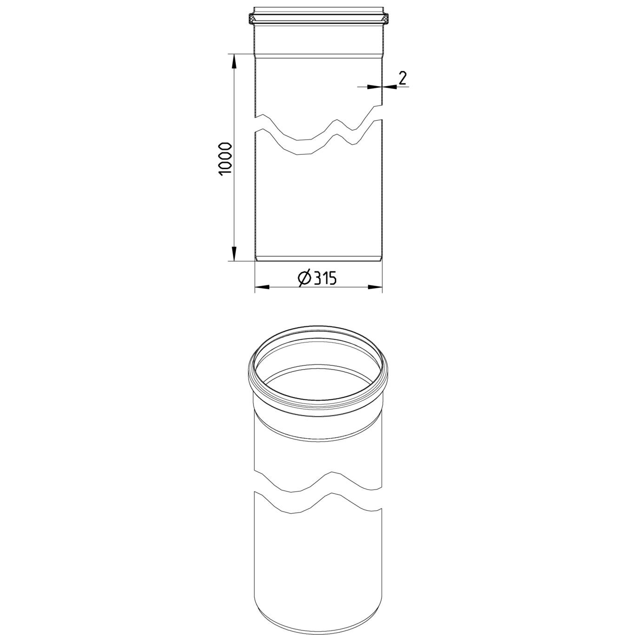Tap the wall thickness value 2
402,79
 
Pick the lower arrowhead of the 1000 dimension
234,254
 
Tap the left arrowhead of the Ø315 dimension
262,287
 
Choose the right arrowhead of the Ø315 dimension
375,287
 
